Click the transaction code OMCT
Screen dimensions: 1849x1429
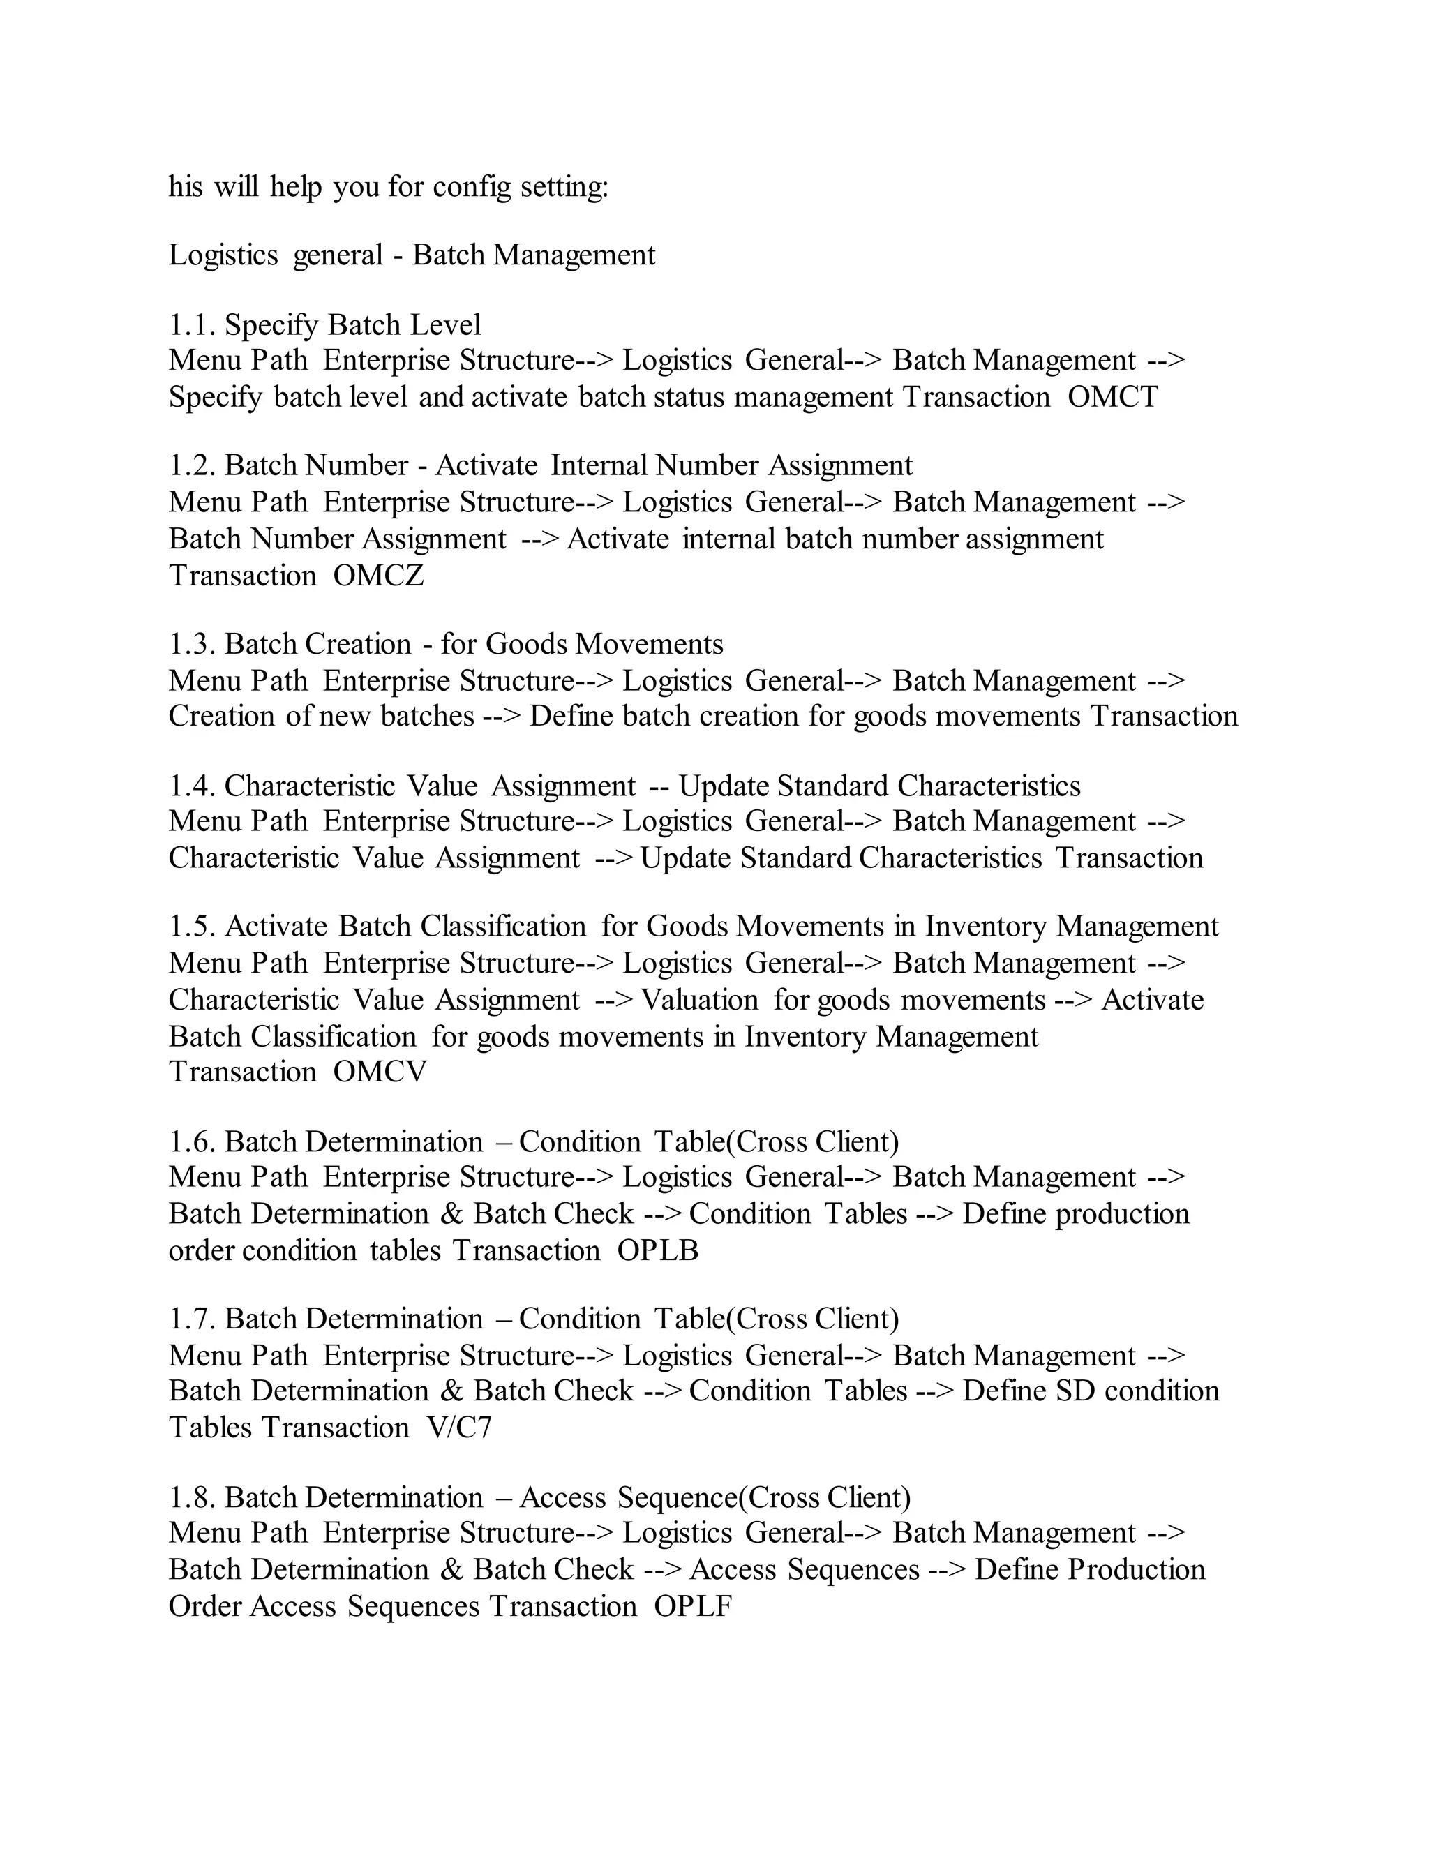(1112, 397)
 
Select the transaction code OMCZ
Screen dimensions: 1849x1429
(378, 576)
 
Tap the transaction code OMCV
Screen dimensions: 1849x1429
(380, 1072)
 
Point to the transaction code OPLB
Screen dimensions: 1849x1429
(658, 1250)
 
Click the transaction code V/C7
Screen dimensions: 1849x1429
(460, 1428)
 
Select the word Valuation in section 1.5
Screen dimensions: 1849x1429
(699, 1000)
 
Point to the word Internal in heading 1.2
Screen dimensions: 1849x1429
(598, 465)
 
